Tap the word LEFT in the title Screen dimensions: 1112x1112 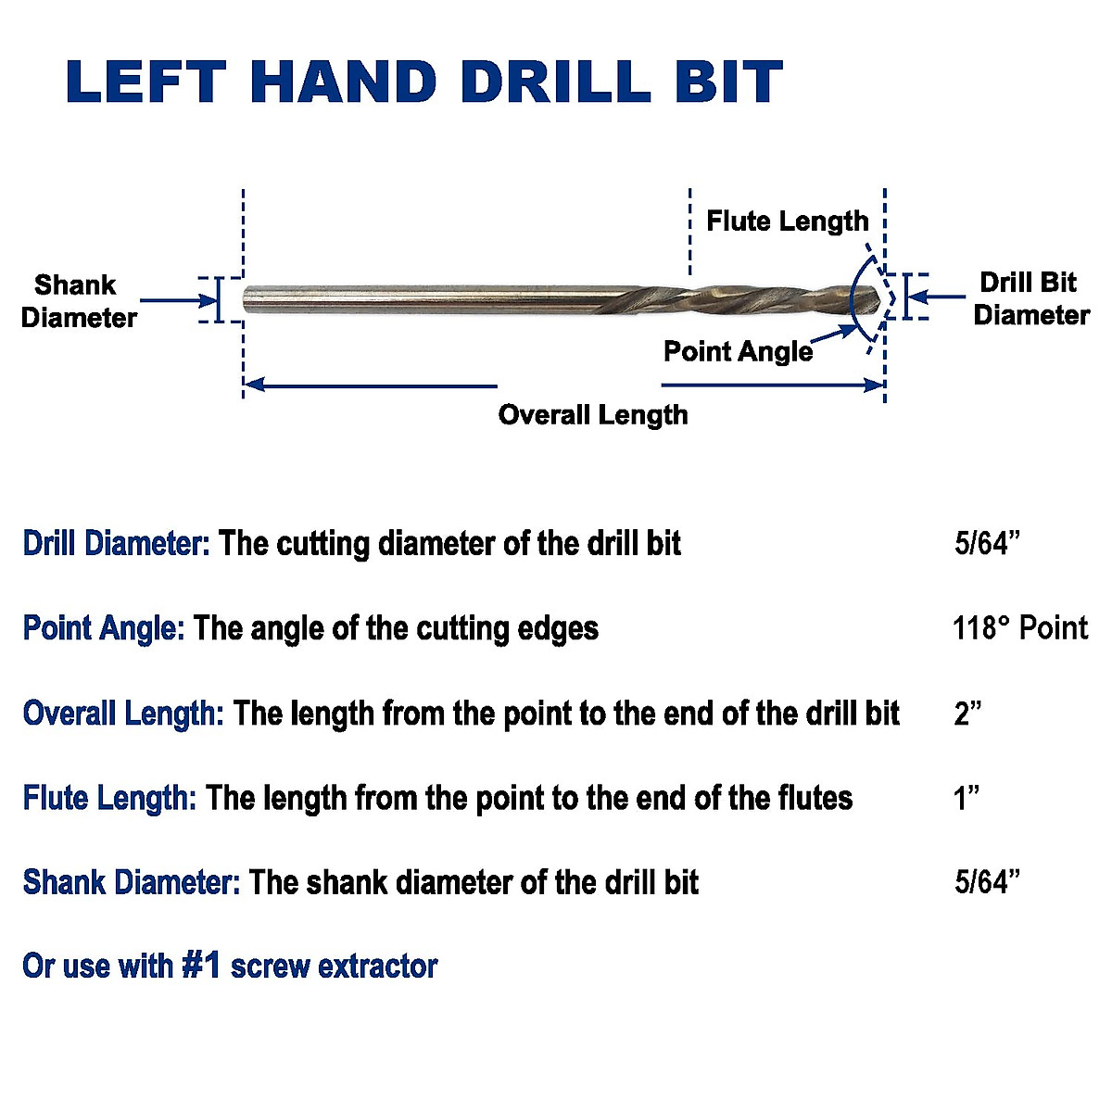(146, 82)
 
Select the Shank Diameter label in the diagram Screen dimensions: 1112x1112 (78, 301)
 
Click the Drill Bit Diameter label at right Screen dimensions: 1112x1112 (1030, 298)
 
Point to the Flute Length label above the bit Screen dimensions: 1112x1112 (787, 221)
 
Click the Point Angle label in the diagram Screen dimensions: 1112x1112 (738, 352)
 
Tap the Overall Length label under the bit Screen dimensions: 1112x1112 (593, 414)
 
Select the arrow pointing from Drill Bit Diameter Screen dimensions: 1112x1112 (936, 297)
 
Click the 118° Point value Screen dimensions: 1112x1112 (1019, 628)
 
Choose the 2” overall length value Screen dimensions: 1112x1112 (967, 714)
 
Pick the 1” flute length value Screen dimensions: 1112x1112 (967, 798)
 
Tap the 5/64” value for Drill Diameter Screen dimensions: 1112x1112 (987, 543)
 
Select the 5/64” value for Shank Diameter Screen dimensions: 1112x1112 (987, 882)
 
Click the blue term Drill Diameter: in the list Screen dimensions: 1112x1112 (117, 543)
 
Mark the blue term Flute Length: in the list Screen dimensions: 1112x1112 (109, 798)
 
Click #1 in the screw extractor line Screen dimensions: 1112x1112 (201, 966)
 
